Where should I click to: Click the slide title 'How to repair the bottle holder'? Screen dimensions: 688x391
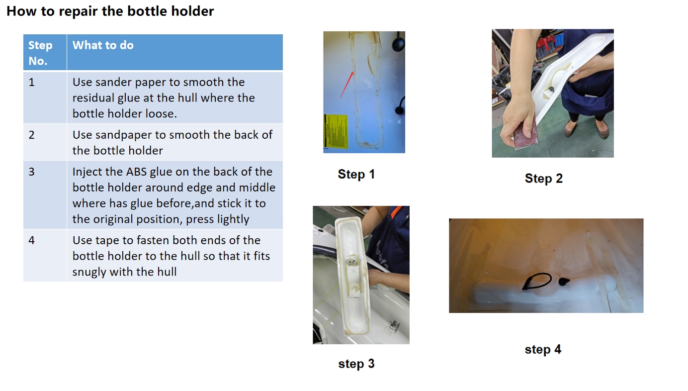pos(110,11)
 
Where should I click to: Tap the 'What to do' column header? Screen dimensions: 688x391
pos(103,45)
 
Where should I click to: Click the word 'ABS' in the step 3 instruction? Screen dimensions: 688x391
pos(136,172)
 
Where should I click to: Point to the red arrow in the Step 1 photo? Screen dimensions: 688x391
pos(346,85)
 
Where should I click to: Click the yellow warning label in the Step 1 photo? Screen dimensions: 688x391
pos(336,131)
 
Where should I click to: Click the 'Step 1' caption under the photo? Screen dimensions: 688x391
pos(356,174)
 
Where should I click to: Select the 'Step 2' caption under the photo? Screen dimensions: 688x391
pos(544,179)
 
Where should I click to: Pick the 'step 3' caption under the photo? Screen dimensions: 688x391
pos(356,364)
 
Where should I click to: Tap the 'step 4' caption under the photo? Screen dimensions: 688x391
pos(543,350)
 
